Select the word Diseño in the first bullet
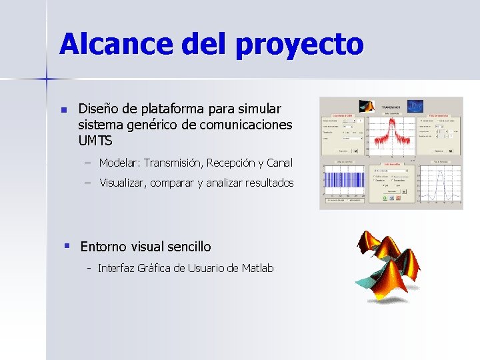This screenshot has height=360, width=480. [98, 109]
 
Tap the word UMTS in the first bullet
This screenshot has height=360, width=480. [95, 141]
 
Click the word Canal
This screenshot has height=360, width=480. [279, 163]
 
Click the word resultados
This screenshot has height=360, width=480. [268, 183]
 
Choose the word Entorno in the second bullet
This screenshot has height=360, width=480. [104, 247]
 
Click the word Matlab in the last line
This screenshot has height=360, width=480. [257, 268]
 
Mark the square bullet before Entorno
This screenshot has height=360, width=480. [67, 245]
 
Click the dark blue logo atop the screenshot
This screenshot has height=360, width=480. [415, 107]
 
